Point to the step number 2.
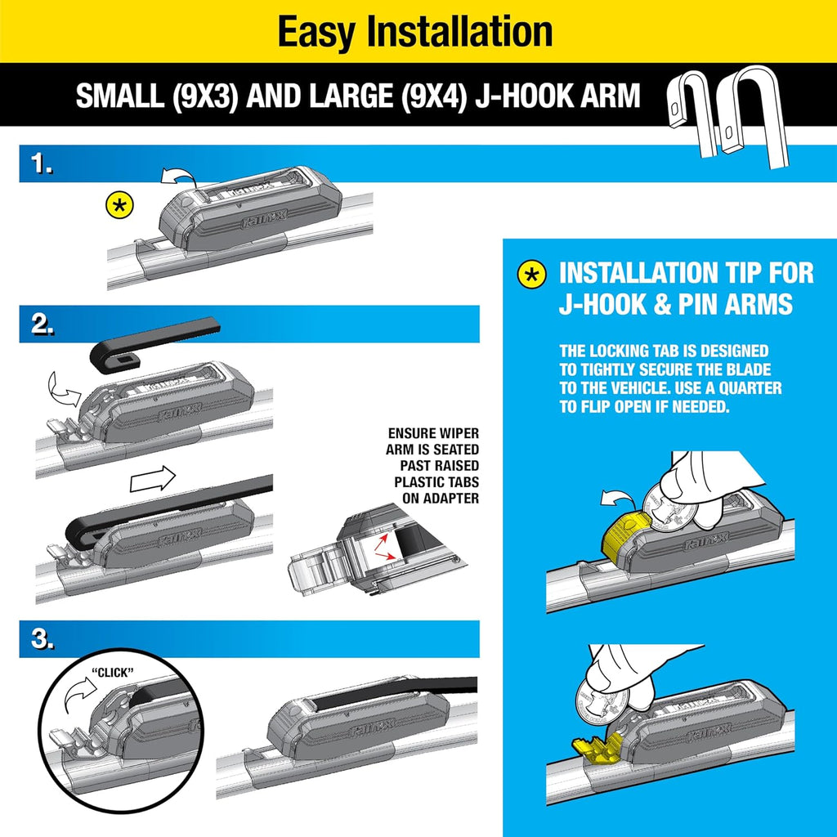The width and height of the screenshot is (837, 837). pyautogui.click(x=38, y=325)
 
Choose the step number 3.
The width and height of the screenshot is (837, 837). pyautogui.click(x=38, y=640)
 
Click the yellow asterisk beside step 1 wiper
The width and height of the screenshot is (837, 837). pyautogui.click(x=120, y=205)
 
